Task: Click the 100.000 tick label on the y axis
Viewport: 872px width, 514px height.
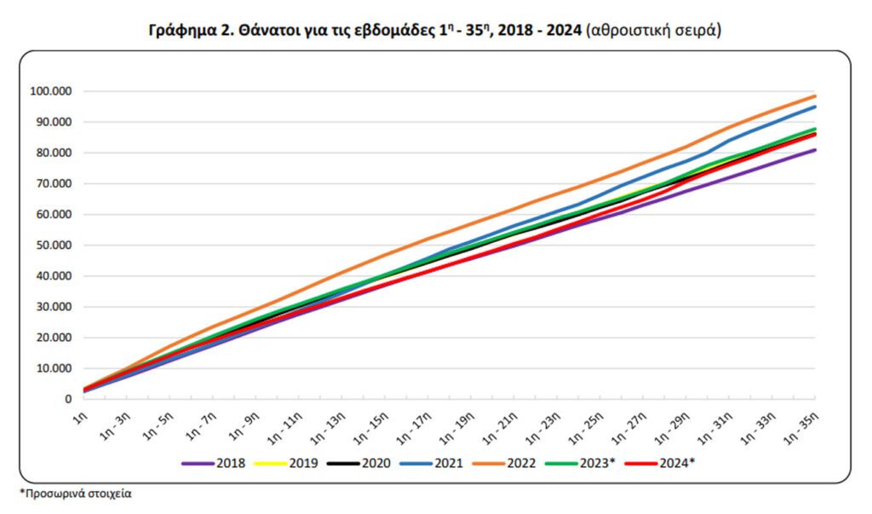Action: click(x=51, y=91)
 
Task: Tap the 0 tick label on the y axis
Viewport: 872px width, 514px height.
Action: click(x=67, y=399)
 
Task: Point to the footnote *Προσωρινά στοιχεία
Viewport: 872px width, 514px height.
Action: click(x=76, y=494)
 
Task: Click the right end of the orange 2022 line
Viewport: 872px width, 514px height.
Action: click(x=815, y=96)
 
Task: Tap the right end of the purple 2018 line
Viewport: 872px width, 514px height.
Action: click(x=815, y=150)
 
